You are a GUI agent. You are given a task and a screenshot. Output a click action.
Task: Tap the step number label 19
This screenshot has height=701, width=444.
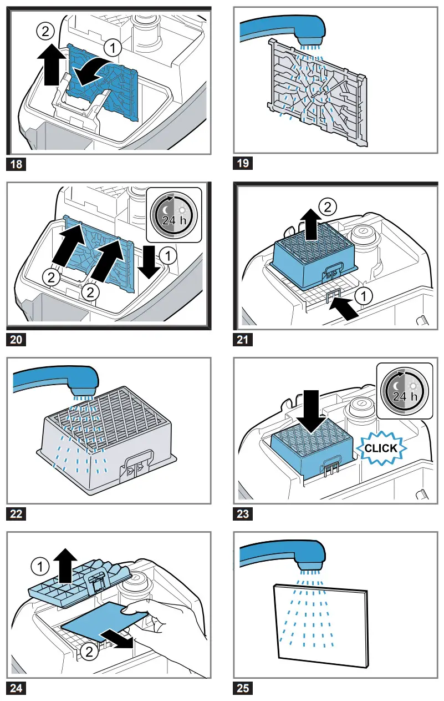pos(242,163)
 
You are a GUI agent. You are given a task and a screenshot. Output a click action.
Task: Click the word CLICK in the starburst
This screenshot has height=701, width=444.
pos(381,448)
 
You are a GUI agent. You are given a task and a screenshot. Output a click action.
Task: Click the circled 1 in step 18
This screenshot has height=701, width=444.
pos(113,49)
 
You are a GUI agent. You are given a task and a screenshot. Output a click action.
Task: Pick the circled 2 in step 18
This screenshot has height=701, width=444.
pos(45,32)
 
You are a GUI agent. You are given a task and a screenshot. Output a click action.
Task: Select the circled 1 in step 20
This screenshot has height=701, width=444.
pos(165,255)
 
